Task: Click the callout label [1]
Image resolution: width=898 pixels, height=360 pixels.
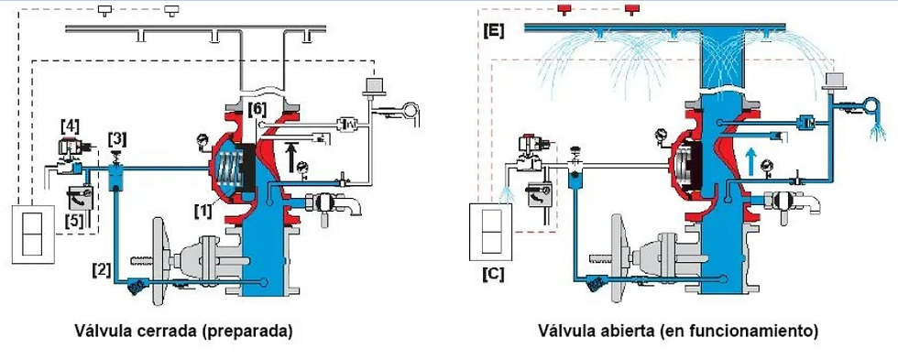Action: coord(203,212)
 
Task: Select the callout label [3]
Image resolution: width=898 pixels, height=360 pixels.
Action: coord(117,139)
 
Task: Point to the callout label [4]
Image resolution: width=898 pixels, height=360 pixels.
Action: coord(70,125)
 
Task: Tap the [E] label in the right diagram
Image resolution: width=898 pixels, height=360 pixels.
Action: coord(494,31)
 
